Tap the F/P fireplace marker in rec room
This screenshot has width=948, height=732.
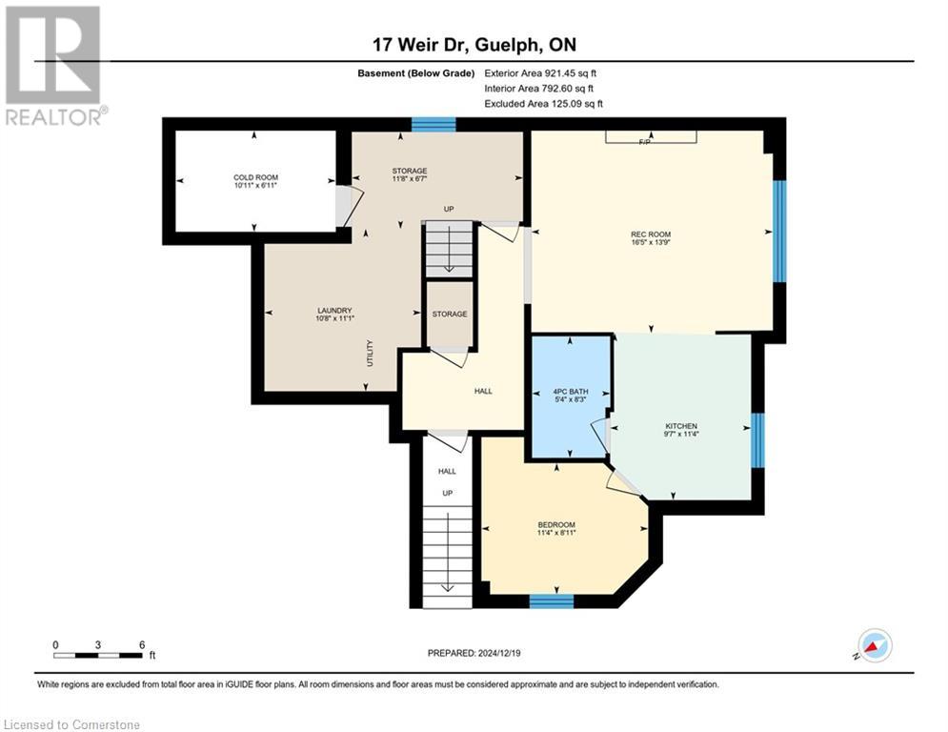651,141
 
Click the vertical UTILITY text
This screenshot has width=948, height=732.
370,355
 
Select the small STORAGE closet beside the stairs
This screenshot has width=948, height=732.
449,314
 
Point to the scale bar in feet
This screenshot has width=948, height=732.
99,654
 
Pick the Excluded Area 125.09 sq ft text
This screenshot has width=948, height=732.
544,103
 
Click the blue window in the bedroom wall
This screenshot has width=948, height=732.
552,600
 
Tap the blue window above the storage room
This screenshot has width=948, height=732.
433,124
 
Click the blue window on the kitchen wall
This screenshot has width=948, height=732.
757,440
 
